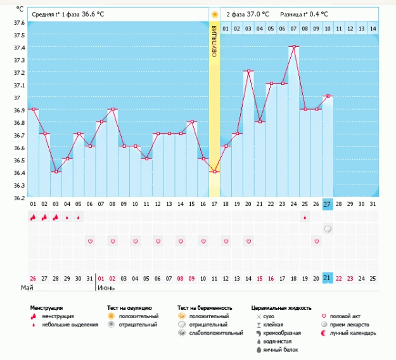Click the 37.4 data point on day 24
click(x=294, y=47)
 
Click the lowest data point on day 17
click(x=215, y=172)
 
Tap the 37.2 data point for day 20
click(x=249, y=72)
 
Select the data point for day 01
click(x=32, y=109)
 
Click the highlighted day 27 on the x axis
click(x=328, y=203)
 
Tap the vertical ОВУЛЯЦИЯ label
click(x=215, y=41)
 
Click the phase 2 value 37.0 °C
click(x=257, y=13)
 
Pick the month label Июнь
click(x=106, y=287)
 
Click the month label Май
click(x=27, y=287)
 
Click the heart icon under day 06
click(x=90, y=241)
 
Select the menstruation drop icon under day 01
click(x=32, y=217)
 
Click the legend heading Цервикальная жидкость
click(x=281, y=308)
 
